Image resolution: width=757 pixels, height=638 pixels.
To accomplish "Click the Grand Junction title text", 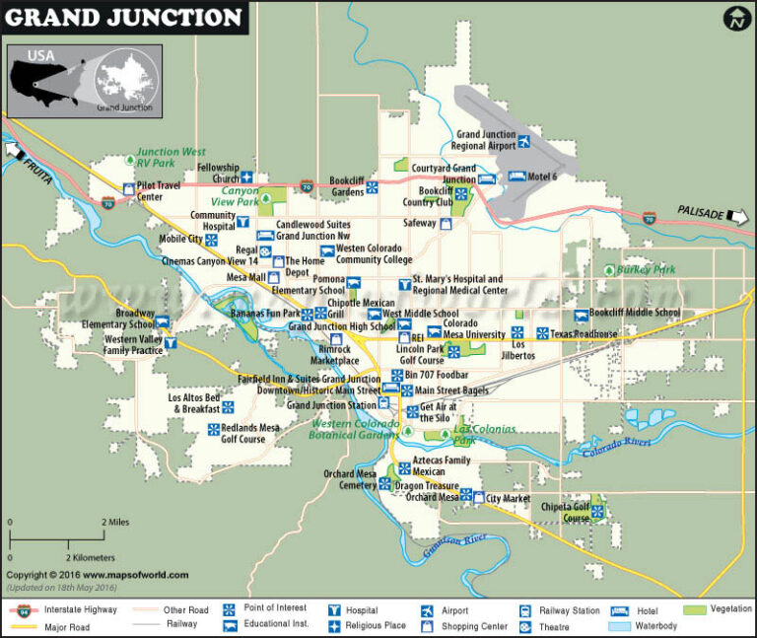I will click(124, 17).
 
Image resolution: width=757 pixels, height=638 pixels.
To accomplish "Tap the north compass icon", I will click(736, 18).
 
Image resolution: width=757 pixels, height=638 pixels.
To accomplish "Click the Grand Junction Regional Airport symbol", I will click(524, 142).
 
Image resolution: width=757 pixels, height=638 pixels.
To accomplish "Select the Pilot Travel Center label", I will click(163, 190).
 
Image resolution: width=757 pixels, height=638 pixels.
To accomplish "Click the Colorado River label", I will click(617, 447).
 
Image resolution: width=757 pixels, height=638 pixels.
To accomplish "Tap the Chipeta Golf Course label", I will click(564, 512).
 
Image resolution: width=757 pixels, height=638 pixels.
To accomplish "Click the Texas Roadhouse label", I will click(584, 334).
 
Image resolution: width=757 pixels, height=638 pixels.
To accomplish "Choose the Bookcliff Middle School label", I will click(634, 313).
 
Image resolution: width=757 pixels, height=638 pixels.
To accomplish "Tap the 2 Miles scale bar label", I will click(116, 523).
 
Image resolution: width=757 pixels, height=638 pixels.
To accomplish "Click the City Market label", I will click(508, 499).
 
